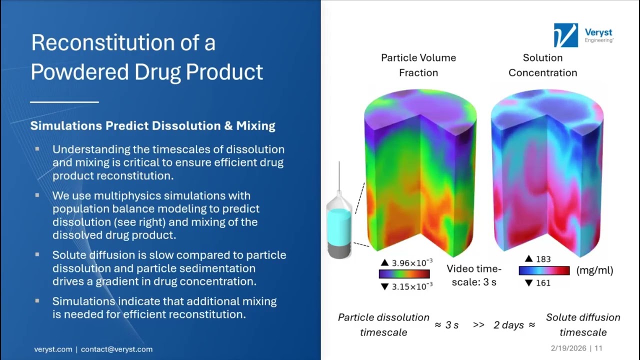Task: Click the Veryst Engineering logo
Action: pyautogui.click(x=583, y=35)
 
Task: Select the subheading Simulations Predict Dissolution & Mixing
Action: pyautogui.click(x=152, y=125)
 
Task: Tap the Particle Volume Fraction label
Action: pyautogui.click(x=418, y=65)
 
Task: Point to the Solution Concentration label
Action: pyautogui.click(x=542, y=65)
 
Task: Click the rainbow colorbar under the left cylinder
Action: pyautogui.click(x=404, y=274)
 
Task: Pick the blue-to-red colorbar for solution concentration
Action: pyautogui.click(x=544, y=270)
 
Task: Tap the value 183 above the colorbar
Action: pyautogui.click(x=543, y=259)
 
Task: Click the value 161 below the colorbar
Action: pyautogui.click(x=542, y=283)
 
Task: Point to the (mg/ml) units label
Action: pyautogui.click(x=594, y=270)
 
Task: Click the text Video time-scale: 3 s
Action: pyautogui.click(x=474, y=275)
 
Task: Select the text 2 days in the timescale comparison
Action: pyautogui.click(x=508, y=325)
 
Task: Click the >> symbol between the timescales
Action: pyautogui.click(x=478, y=325)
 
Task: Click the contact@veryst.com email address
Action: pyautogui.click(x=116, y=349)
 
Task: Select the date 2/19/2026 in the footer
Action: pyautogui.click(x=568, y=348)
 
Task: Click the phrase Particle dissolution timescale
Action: pyautogui.click(x=383, y=324)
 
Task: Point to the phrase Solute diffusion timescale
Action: pyautogui.click(x=582, y=324)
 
